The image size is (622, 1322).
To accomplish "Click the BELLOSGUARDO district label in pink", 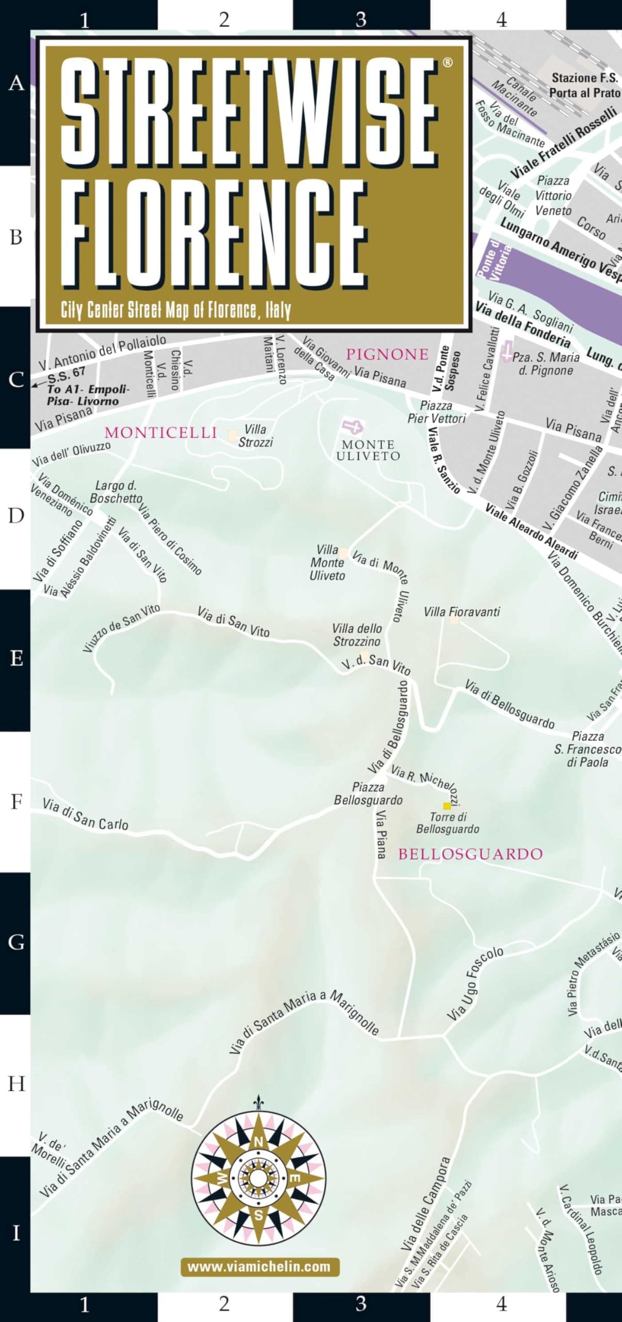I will (470, 854).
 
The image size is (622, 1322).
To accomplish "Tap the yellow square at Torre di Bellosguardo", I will (447, 806).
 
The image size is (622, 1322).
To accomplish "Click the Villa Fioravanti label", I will (461, 612).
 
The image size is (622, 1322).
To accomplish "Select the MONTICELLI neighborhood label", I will (161, 433).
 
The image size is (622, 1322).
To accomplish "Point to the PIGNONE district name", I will (387, 354).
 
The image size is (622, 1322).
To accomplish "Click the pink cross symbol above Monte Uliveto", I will (353, 427).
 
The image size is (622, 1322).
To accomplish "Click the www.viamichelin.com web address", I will (260, 1266).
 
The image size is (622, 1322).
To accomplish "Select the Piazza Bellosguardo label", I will (368, 794).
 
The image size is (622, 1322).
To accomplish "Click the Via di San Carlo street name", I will (85, 814).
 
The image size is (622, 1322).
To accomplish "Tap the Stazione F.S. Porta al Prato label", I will (584, 85).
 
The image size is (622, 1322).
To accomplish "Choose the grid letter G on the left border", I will (15, 942).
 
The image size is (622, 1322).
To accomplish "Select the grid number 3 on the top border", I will (361, 20).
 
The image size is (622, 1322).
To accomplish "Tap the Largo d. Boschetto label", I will (116, 492).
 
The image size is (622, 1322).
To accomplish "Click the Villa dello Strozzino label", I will (357, 635).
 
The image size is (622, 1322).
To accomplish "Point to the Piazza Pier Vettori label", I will (437, 412).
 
